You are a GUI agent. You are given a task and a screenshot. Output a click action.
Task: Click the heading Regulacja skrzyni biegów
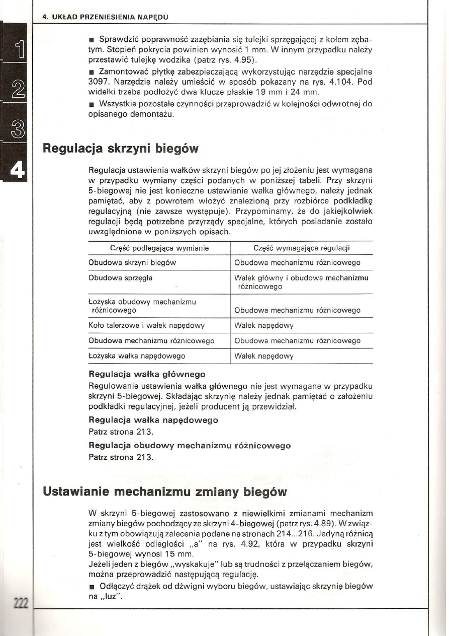point(121,149)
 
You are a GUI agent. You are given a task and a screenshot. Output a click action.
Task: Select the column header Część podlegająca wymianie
point(159,248)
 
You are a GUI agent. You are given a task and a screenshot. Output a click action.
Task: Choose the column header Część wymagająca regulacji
point(302,248)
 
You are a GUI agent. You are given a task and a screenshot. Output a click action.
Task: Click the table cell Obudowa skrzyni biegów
point(132,263)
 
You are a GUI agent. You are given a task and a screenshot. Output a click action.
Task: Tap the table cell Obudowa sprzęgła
point(121,277)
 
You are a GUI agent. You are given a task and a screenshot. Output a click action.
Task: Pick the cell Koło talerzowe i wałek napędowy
point(146,325)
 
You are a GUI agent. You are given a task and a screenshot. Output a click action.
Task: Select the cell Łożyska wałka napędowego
point(137,356)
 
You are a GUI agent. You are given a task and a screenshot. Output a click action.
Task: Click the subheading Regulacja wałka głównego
point(147,374)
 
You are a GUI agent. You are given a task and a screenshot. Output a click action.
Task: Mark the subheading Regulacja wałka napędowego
point(153,419)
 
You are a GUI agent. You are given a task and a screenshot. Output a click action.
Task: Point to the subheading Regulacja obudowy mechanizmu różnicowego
point(190,446)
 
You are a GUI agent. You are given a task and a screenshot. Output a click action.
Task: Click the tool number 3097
point(99,82)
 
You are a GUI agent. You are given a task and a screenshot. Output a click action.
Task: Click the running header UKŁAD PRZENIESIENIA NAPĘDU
point(109,17)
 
